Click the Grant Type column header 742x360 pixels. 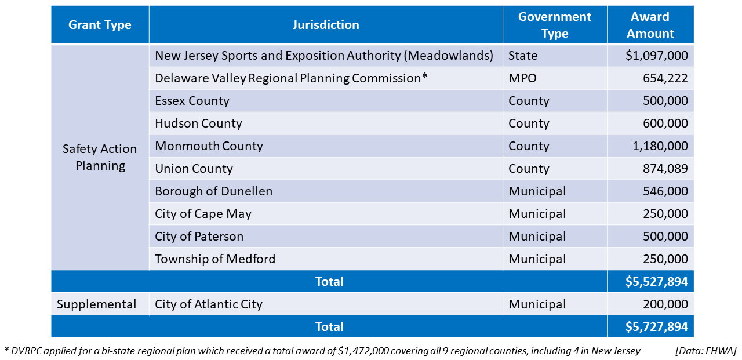pyautogui.click(x=100, y=25)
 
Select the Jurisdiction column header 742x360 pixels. pyautogui.click(x=326, y=25)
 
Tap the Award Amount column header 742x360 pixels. pyautogui.click(x=650, y=25)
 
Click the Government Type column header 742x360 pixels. pyautogui.click(x=555, y=25)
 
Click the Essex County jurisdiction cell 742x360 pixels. pyautogui.click(x=192, y=101)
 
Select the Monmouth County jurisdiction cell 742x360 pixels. pyautogui.click(x=209, y=146)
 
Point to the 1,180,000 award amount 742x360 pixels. pyautogui.click(x=660, y=146)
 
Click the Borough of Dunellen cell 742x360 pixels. pyautogui.click(x=213, y=191)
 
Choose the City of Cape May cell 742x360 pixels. pyautogui.click(x=203, y=214)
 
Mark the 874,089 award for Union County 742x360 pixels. pyautogui.click(x=665, y=169)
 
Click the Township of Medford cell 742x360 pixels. pyautogui.click(x=215, y=259)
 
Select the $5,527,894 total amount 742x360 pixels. pyautogui.click(x=656, y=282)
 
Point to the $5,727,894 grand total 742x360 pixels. pyautogui.click(x=656, y=327)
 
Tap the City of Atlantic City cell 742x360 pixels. pyautogui.click(x=209, y=304)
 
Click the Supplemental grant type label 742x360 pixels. pyautogui.click(x=97, y=304)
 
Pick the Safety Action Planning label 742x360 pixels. pyautogui.click(x=100, y=157)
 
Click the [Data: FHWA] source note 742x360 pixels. pyautogui.click(x=705, y=351)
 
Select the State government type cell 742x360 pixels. pyautogui.click(x=523, y=56)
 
